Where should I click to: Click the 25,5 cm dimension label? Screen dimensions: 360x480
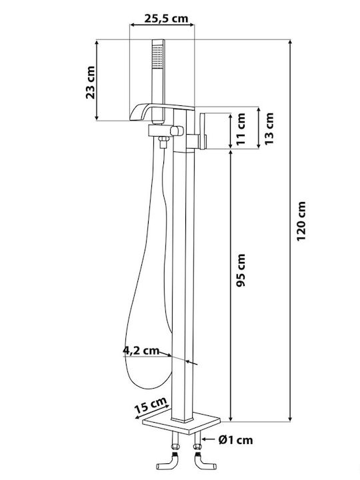[166, 19]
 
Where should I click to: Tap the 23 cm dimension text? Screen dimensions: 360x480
[90, 83]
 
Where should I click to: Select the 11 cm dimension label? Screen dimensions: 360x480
[241, 129]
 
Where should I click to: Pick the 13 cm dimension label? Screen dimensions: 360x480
[269, 129]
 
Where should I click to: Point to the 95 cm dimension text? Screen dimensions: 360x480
[241, 270]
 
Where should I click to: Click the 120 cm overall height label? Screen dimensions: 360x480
[301, 221]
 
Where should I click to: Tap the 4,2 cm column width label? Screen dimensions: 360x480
[141, 350]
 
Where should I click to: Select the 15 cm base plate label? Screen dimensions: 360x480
[151, 405]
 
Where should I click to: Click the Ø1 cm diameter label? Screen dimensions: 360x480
[236, 440]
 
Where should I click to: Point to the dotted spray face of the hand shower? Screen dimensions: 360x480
[158, 57]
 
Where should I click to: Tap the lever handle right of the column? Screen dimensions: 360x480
[203, 131]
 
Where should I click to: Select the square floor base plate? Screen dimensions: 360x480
[181, 423]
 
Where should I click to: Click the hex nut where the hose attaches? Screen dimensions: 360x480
[164, 140]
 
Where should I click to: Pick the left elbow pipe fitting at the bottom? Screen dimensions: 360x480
[168, 462]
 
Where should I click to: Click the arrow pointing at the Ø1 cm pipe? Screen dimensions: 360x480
[209, 439]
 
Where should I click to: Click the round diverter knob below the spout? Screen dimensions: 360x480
[177, 131]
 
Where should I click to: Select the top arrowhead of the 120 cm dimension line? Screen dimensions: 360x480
[290, 43]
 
